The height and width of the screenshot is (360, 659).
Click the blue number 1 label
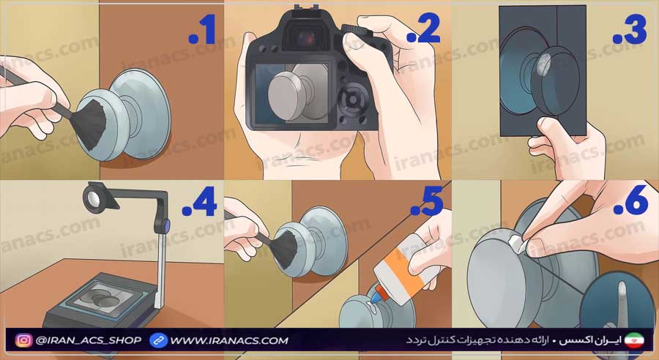(x=203, y=30)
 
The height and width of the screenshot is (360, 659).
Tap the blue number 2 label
(x=423, y=30)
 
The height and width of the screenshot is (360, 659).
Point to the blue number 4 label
(x=200, y=203)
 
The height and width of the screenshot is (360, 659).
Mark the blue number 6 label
(x=630, y=203)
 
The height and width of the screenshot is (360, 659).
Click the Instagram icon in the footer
(x=24, y=340)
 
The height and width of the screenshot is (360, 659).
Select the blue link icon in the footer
(x=158, y=340)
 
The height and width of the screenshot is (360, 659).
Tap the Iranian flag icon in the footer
(x=632, y=340)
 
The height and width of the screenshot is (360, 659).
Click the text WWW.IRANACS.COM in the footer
(x=229, y=340)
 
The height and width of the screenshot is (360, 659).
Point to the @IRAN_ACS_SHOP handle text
(x=89, y=340)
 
